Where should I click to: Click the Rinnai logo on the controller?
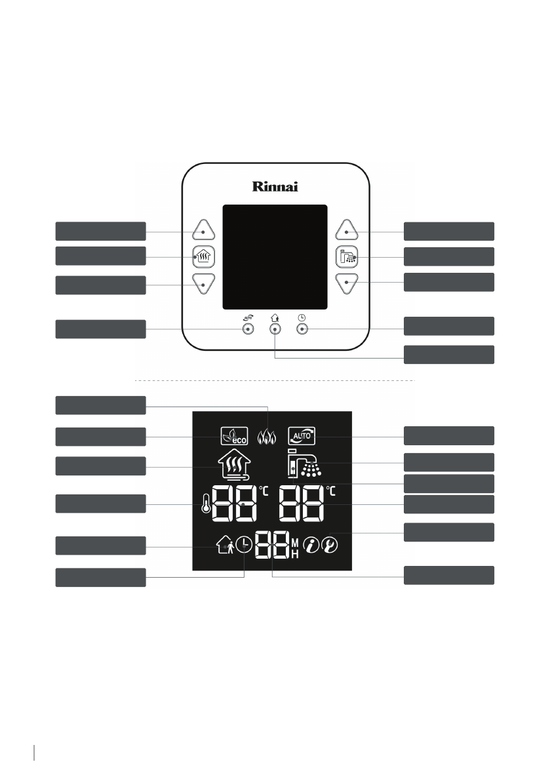pos(275,186)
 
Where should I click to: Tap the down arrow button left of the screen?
pos(204,284)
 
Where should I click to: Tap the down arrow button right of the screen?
pos(347,284)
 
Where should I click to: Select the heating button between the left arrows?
pos(204,257)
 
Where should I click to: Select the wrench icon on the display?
pos(329,546)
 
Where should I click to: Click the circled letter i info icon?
pos(310,546)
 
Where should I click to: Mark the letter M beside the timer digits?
pos(294,542)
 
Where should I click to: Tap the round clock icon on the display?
pos(244,546)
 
